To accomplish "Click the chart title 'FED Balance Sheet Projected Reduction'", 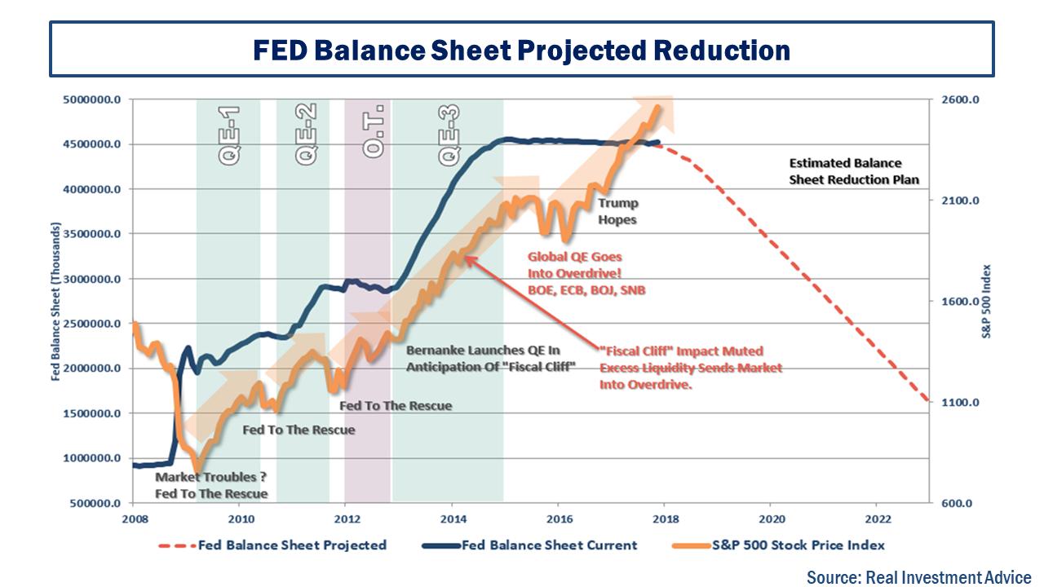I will tap(521, 51).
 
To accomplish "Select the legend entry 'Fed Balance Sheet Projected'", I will tap(292, 545).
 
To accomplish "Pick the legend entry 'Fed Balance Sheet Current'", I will tap(549, 545).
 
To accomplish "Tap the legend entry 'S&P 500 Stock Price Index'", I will tap(798, 545).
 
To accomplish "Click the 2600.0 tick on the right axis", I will tap(962, 100).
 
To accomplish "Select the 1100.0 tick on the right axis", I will tap(962, 403).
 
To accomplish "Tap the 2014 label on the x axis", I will tap(453, 519).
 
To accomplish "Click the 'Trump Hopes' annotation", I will tap(617, 211).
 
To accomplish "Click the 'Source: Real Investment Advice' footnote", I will tap(919, 576).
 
